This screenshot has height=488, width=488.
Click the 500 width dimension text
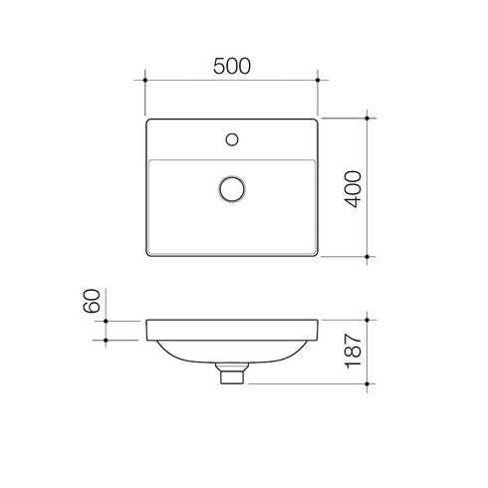231,66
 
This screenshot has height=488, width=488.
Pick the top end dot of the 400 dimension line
369,119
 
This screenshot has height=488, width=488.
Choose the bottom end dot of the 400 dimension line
369,257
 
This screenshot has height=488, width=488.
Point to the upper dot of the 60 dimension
105,321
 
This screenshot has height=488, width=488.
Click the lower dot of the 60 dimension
105,341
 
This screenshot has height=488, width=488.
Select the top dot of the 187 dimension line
369,321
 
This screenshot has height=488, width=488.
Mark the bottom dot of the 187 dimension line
369,383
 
